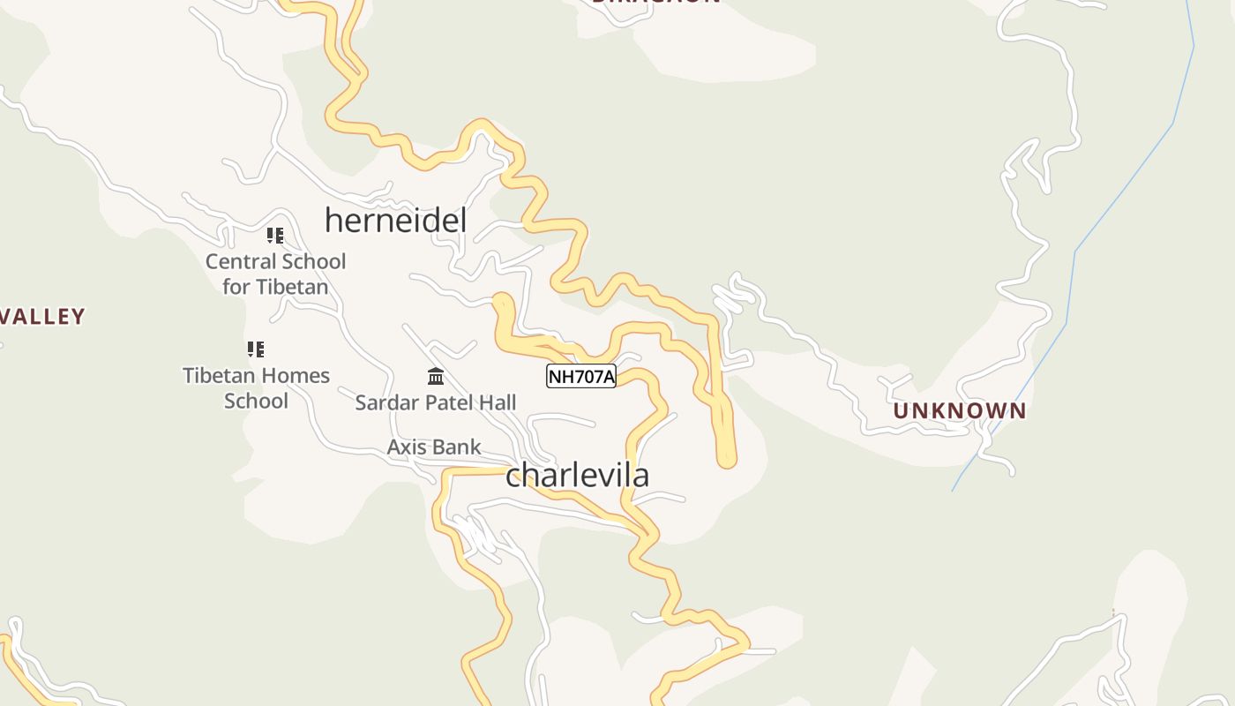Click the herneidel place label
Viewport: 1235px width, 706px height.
[395, 220]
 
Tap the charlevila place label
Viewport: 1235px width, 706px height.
[577, 475]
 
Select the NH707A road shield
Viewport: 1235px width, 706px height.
[580, 377]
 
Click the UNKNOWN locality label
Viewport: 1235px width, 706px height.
[960, 410]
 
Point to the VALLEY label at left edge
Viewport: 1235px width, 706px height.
[42, 316]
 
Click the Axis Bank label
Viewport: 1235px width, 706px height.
[434, 447]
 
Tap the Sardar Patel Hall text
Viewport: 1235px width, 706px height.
[435, 402]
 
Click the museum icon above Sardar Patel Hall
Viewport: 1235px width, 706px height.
[435, 377]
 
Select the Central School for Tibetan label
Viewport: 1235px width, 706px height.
[275, 274]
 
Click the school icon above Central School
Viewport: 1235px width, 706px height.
[275, 236]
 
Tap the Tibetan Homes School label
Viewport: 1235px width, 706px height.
[256, 387]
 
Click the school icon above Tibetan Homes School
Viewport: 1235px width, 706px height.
[255, 349]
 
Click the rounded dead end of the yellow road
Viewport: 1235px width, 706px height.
[726, 457]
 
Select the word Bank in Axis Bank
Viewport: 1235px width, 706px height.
[457, 447]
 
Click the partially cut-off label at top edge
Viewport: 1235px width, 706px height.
[655, 2]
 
